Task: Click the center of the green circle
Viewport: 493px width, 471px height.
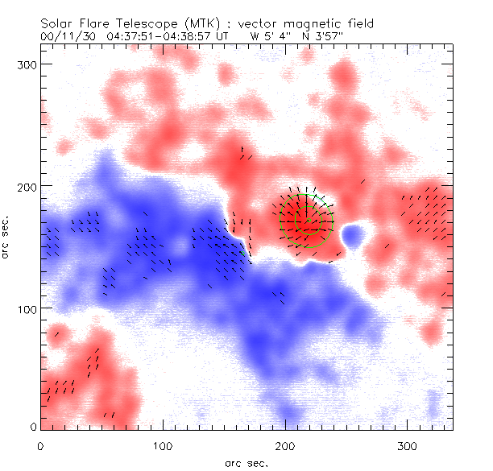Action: point(309,218)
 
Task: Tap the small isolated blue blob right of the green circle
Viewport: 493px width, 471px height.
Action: point(353,236)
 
